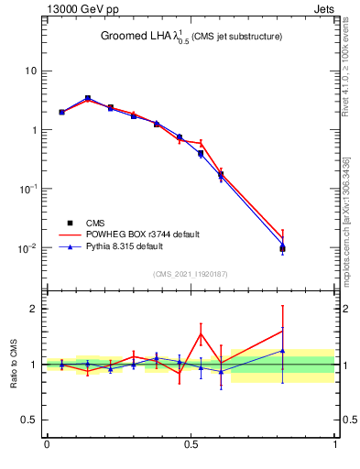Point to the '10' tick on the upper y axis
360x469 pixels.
coord(29,71)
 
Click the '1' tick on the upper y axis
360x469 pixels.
coord(32,130)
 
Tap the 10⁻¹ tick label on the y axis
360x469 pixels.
coord(27,189)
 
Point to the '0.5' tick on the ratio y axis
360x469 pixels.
coord(28,420)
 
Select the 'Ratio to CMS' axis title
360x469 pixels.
coord(14,365)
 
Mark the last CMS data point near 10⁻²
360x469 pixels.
coord(283,248)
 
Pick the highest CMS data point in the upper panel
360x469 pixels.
coord(88,98)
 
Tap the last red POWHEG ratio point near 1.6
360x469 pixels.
coord(283,331)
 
